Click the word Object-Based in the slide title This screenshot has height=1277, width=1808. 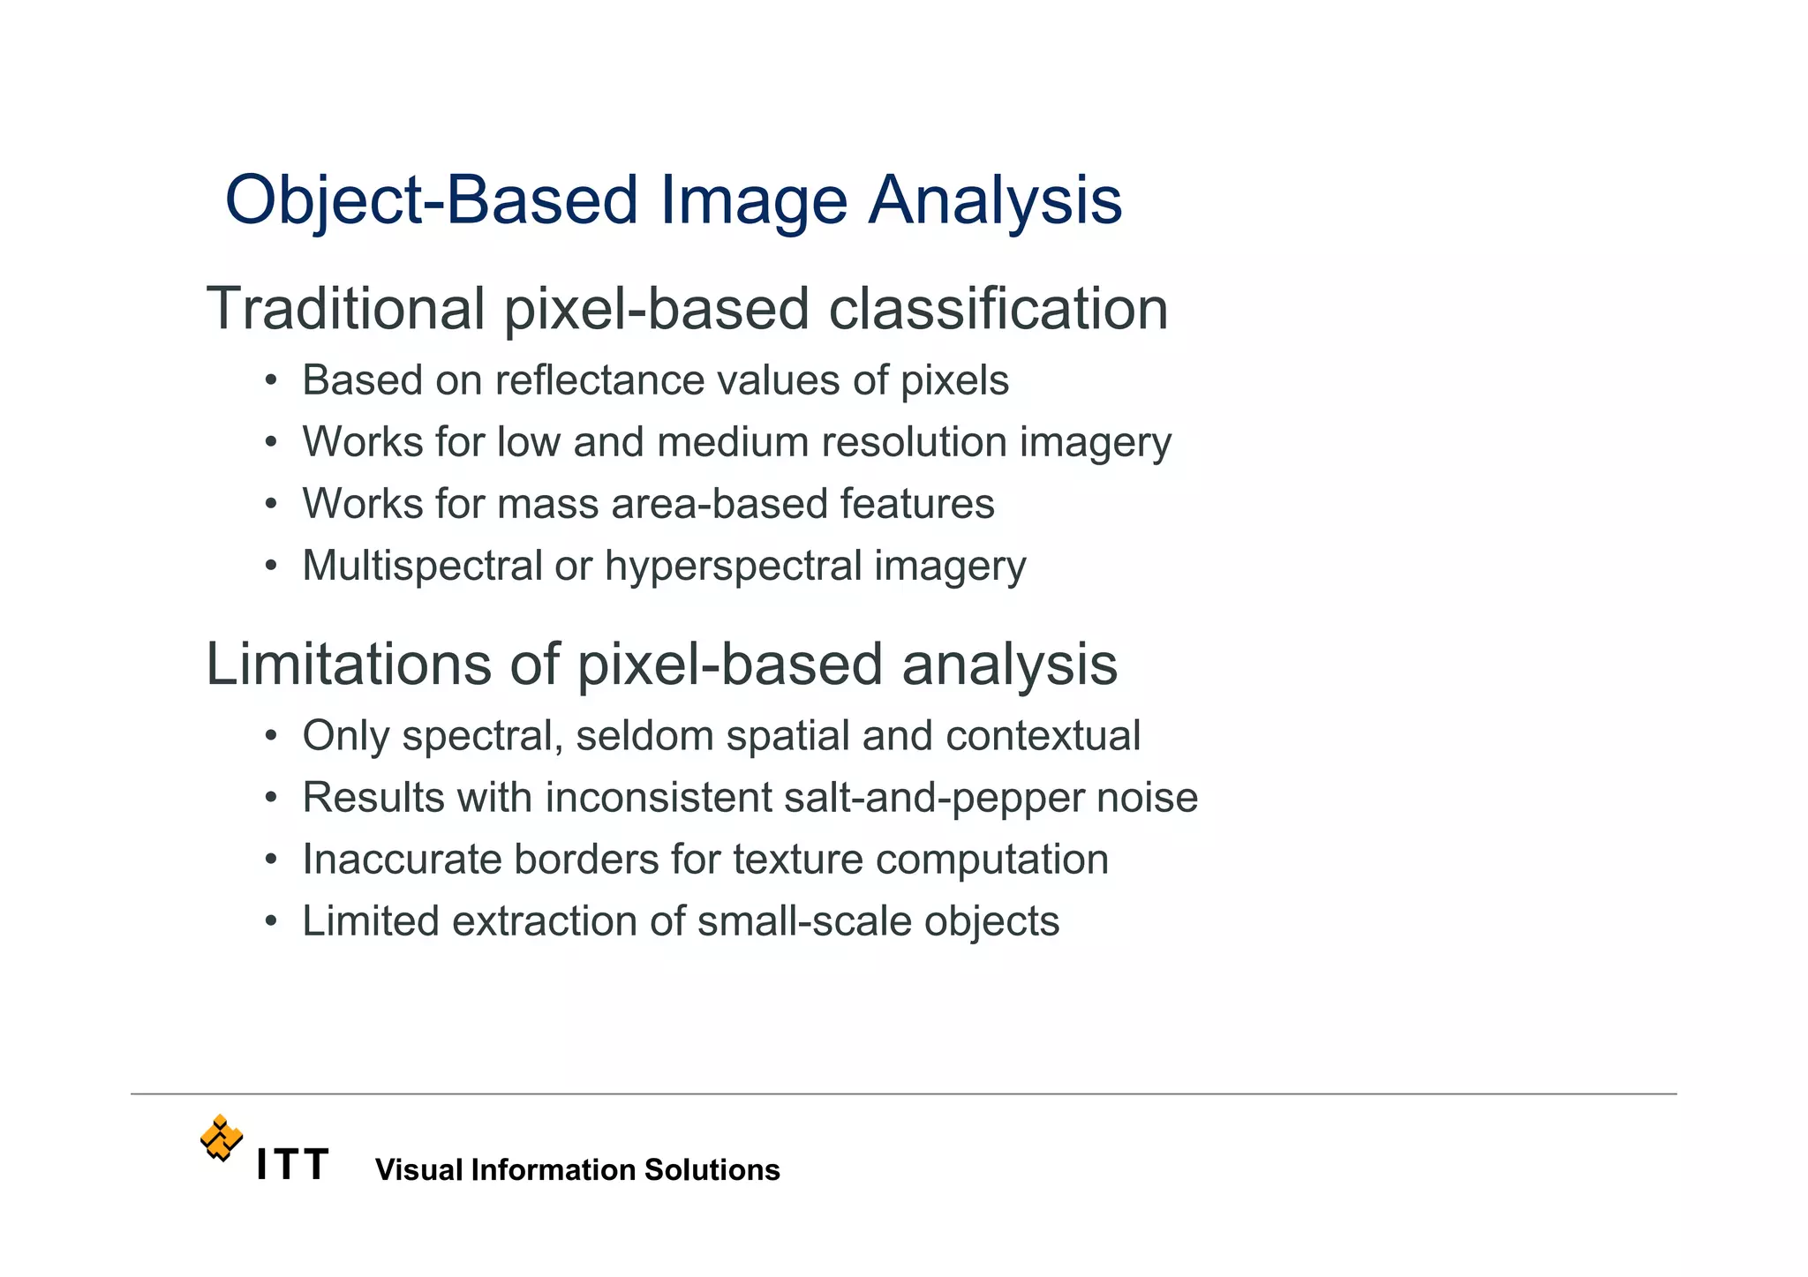tap(431, 201)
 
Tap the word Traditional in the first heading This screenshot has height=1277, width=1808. tap(345, 310)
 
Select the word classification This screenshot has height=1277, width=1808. tap(998, 310)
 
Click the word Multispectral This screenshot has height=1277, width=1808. tap(422, 567)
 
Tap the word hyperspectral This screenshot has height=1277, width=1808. tap(733, 567)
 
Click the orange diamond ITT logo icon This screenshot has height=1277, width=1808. tap(221, 1138)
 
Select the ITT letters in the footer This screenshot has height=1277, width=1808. tap(292, 1165)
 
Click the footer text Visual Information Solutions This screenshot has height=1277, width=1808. tap(577, 1170)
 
